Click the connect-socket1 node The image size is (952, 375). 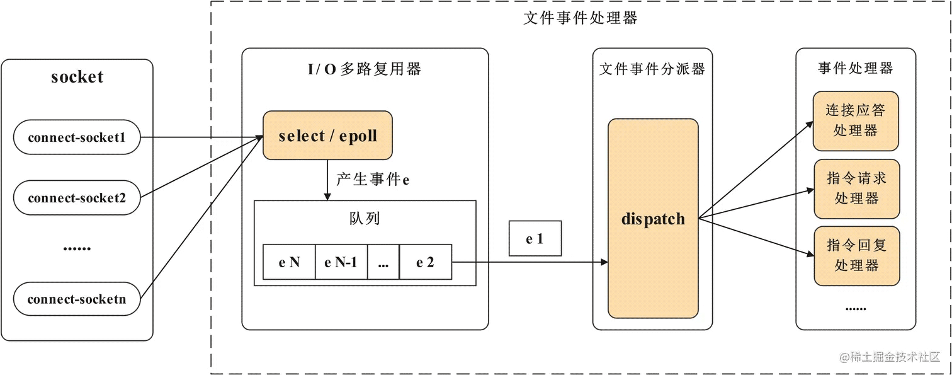77,137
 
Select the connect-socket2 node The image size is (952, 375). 77,197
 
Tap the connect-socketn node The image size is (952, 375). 77,299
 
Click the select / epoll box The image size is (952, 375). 327,136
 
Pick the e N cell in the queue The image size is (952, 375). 289,262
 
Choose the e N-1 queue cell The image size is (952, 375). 341,262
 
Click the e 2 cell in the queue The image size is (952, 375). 426,262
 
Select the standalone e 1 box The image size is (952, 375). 535,238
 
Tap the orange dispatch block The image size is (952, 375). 653,218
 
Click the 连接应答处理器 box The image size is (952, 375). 856,121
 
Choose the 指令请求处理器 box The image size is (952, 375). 857,188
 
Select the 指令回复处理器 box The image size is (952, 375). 857,256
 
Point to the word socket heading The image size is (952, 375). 77,77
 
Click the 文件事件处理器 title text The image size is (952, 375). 581,18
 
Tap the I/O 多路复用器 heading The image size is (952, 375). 365,69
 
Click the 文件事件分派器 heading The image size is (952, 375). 652,69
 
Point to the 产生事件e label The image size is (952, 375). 373,179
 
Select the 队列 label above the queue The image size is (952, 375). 365,218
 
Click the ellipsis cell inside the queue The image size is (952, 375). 383,262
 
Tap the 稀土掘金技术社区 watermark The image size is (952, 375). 890,357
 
